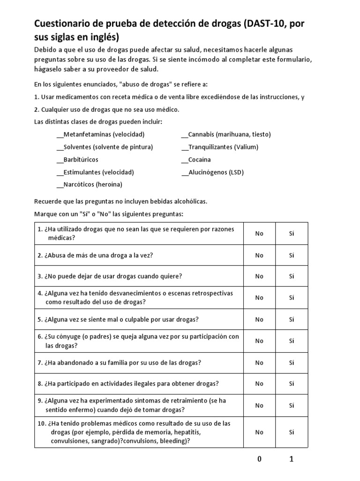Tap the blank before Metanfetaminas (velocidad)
(60, 134)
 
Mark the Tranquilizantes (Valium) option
(220, 147)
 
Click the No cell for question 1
(259, 233)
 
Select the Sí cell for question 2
(292, 255)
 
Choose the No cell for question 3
(259, 276)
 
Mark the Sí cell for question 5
(292, 319)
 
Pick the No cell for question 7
(259, 363)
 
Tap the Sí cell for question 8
(292, 384)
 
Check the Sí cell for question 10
(292, 432)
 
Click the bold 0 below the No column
(259, 460)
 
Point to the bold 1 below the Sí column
(292, 460)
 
